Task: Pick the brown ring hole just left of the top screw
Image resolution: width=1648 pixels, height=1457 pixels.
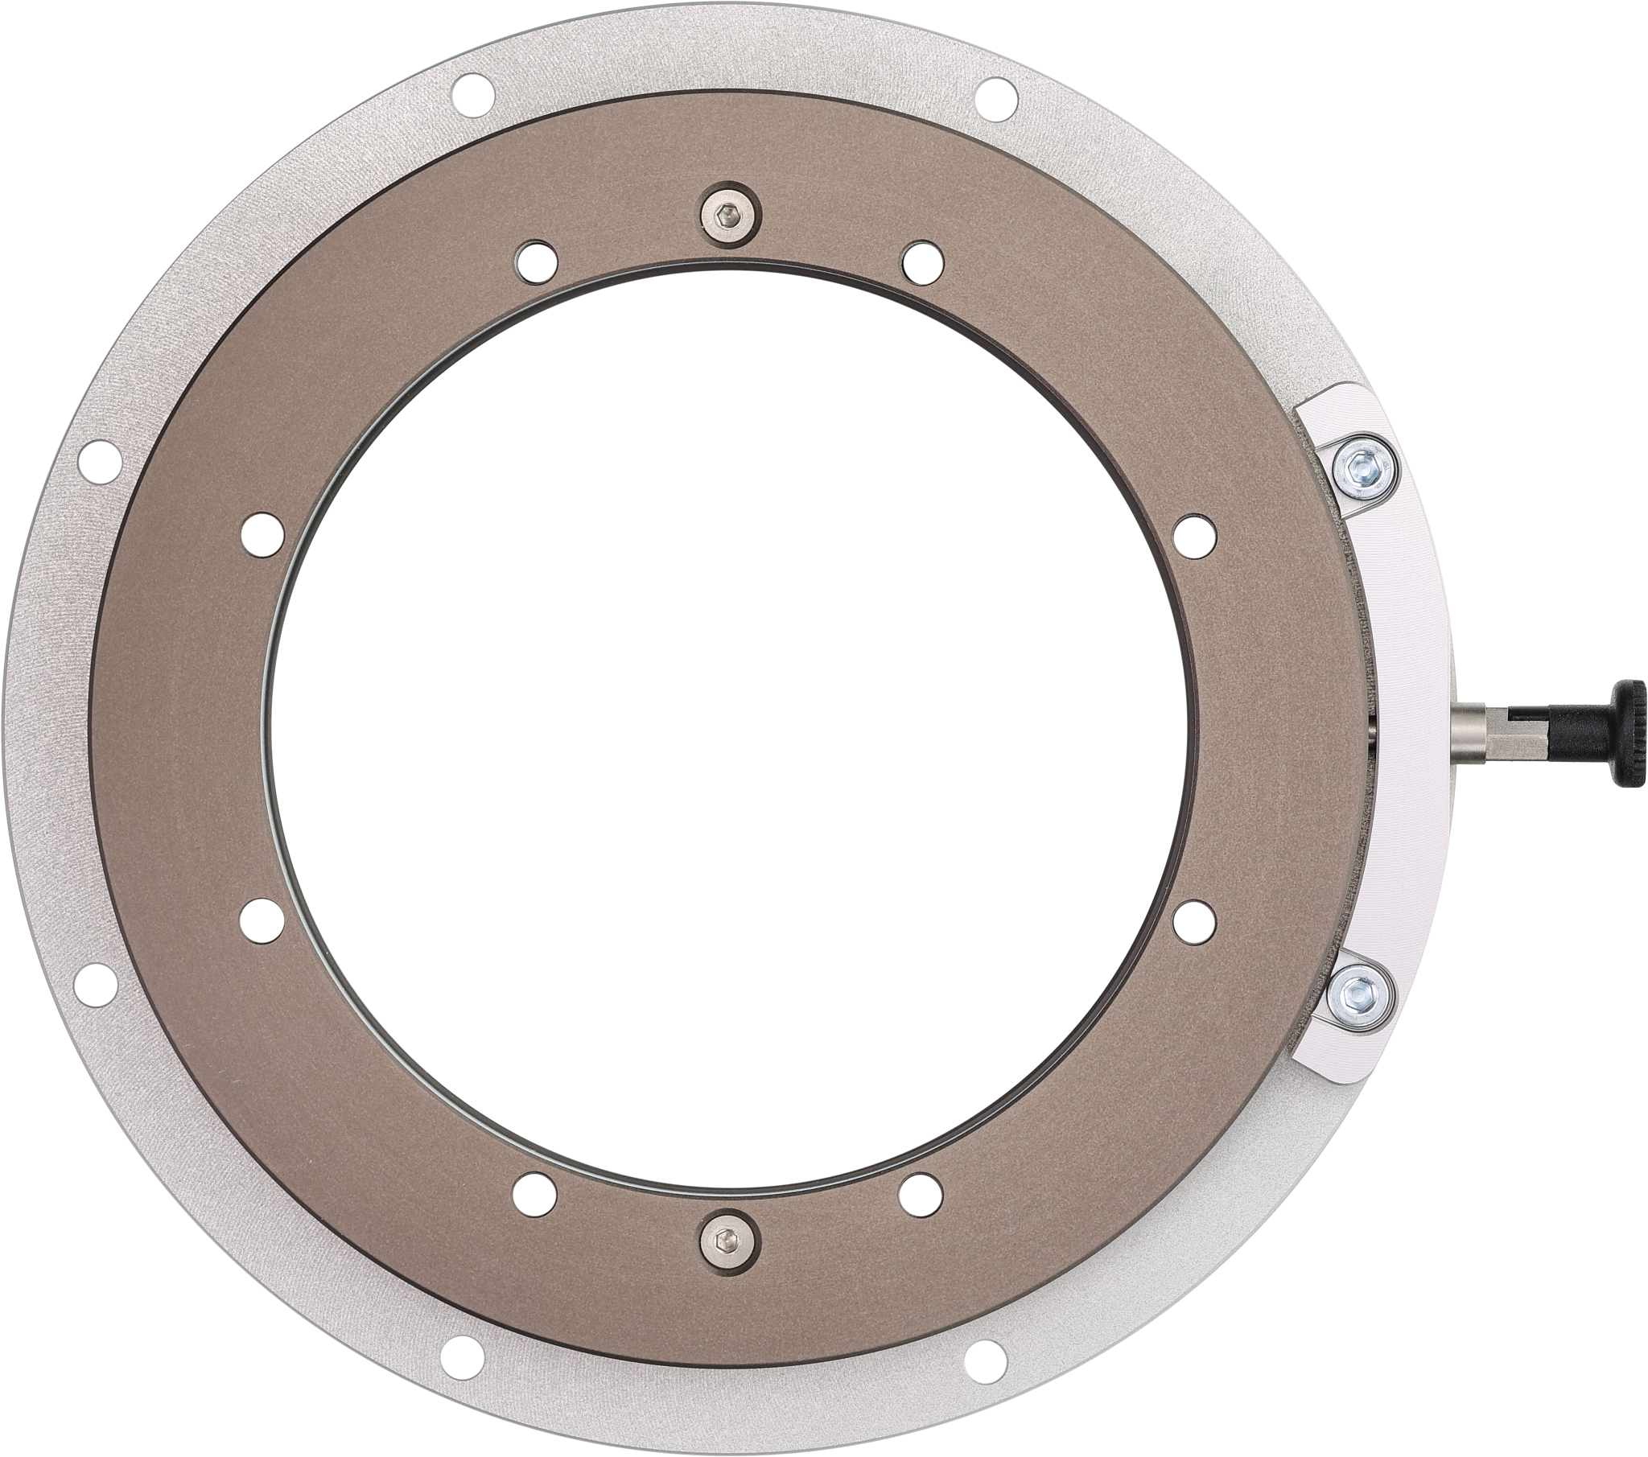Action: [536, 259]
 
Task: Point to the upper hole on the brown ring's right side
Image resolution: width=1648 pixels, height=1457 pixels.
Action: [1194, 530]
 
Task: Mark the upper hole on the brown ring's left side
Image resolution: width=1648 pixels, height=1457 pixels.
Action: [263, 530]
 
